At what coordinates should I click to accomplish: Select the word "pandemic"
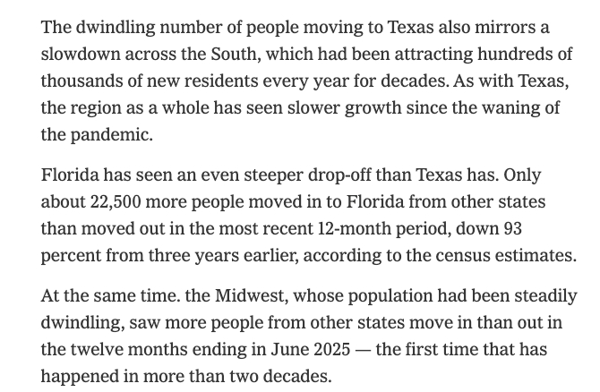[x=110, y=135]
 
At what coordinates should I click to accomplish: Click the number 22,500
[x=120, y=202]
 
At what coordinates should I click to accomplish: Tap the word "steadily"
[x=539, y=295]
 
